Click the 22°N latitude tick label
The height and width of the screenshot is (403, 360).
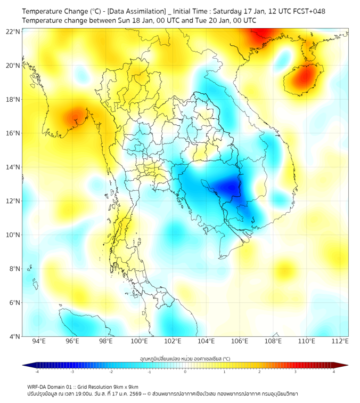tap(13, 31)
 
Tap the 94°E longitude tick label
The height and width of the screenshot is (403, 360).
tap(39, 342)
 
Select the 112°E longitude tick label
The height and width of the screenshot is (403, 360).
tap(340, 342)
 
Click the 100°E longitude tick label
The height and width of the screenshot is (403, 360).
tap(140, 342)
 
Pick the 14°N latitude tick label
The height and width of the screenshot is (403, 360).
tap(13, 167)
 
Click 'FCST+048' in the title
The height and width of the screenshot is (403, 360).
tap(308, 11)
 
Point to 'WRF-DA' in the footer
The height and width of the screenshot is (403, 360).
tap(38, 386)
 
